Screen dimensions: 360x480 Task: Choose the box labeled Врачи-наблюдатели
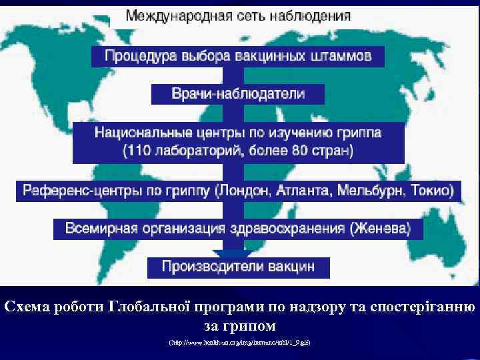click(x=238, y=94)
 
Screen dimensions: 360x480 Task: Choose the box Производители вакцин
click(x=238, y=267)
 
